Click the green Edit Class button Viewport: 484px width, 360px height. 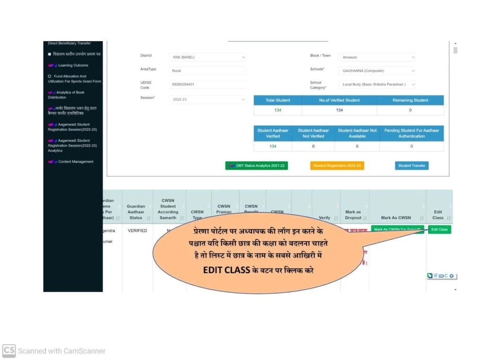(439, 230)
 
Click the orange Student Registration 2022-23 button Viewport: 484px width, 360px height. (337, 166)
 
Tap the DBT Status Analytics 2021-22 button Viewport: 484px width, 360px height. (257, 166)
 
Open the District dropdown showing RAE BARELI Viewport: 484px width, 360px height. (207, 57)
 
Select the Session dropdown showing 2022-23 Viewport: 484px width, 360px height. (207, 100)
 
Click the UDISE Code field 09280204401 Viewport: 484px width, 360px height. (207, 85)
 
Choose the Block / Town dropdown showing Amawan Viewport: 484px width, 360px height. (376, 57)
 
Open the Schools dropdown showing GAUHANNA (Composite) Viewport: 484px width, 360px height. (376, 71)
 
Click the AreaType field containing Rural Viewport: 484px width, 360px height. (207, 71)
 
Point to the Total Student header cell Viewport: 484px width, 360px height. (277, 100)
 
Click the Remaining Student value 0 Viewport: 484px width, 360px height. (410, 110)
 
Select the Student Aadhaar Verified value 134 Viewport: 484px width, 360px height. (273, 146)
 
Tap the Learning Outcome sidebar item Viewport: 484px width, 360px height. (73, 66)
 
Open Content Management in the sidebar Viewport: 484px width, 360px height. (76, 162)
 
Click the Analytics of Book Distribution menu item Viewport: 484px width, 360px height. (70, 95)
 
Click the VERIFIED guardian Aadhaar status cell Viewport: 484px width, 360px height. (137, 231)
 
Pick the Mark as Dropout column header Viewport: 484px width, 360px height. (353, 215)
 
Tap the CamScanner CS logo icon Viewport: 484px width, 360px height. (9, 351)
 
